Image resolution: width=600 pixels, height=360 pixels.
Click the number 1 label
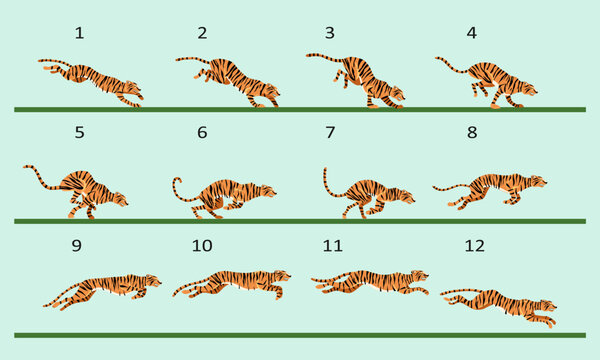point(79,33)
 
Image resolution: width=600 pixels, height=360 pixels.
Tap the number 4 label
point(471,33)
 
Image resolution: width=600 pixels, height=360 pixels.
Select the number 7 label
point(331,132)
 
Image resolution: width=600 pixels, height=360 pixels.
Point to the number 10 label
point(202,245)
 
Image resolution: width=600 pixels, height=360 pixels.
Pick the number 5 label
point(79,132)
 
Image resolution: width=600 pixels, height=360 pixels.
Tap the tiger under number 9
point(105,289)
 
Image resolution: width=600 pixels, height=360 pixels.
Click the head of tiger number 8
point(537,182)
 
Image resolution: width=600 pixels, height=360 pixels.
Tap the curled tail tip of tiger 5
point(28,168)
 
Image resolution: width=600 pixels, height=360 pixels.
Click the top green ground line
point(300,108)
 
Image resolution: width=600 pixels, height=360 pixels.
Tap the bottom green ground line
point(300,334)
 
